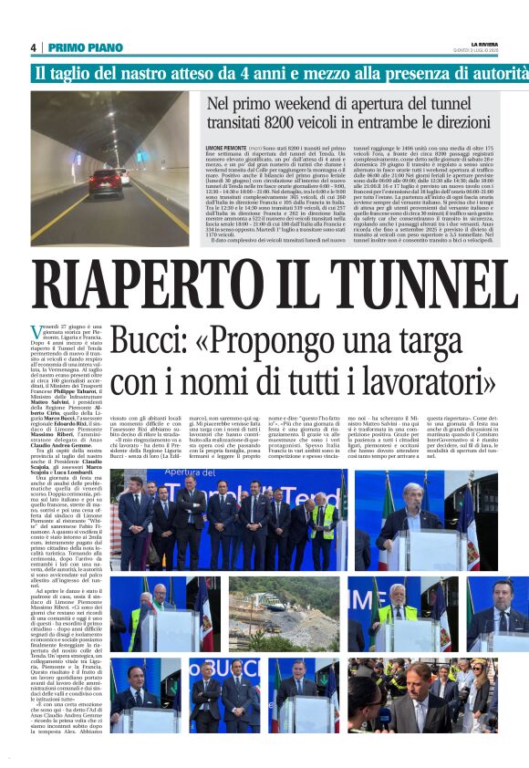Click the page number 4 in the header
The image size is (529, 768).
[34, 47]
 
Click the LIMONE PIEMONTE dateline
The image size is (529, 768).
[226, 145]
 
